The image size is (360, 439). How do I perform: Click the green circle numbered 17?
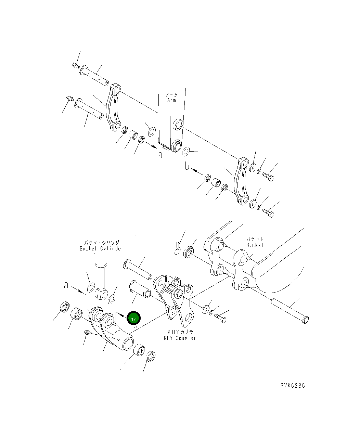[133, 318]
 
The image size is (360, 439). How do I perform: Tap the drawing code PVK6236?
[292, 386]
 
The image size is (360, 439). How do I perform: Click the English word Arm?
[172, 100]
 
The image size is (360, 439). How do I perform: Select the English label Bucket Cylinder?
[101, 248]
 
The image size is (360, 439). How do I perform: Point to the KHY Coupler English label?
[180, 338]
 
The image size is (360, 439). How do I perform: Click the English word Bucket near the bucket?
[255, 245]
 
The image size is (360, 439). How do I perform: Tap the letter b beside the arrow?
[187, 166]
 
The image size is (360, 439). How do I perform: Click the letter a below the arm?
[160, 155]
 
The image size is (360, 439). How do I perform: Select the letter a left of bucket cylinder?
[66, 285]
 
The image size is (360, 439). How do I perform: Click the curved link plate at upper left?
[113, 108]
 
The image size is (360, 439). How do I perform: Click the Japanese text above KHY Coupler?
[180, 332]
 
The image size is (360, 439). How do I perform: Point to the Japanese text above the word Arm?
[171, 94]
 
